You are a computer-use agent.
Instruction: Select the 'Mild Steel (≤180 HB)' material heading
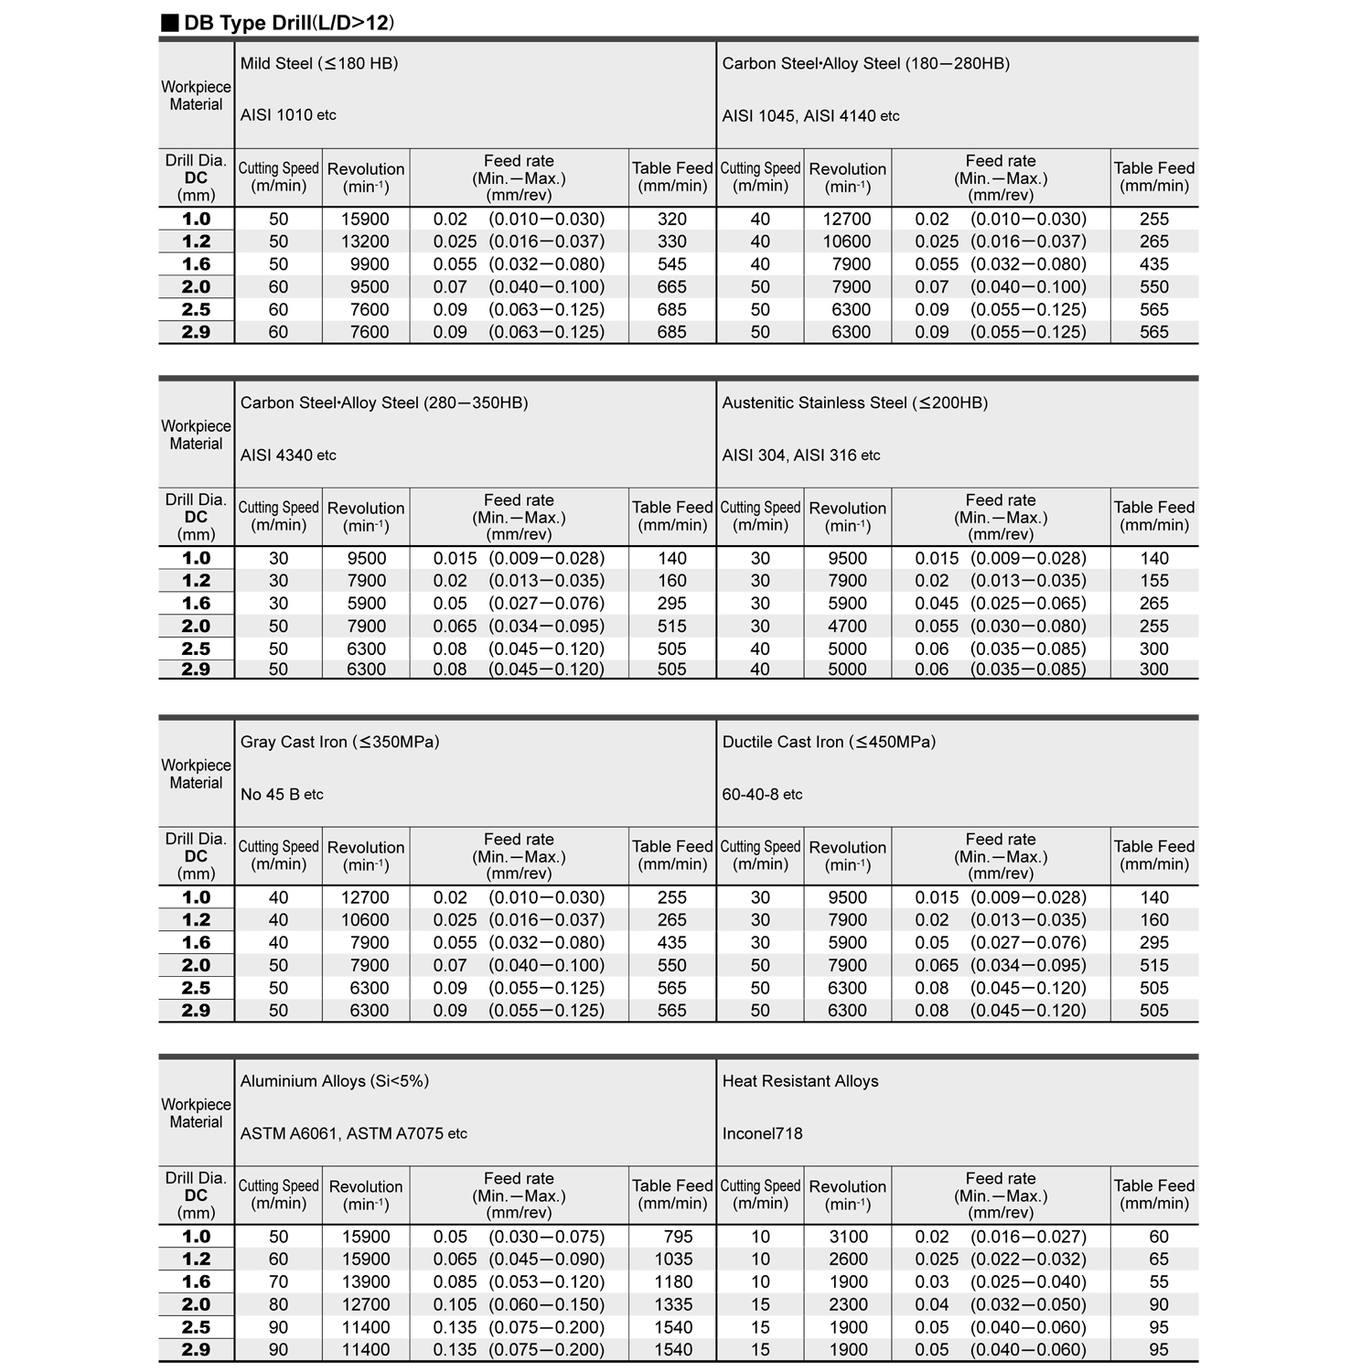click(319, 63)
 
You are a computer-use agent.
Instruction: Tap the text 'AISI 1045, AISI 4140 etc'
click(810, 116)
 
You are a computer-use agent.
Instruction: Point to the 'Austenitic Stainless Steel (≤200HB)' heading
click(854, 402)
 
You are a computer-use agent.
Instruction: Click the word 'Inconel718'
click(762, 1133)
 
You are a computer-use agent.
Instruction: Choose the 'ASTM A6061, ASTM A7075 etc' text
click(353, 1133)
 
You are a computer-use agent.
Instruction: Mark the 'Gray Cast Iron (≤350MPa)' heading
click(339, 742)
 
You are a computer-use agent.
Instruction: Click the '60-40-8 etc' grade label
click(762, 794)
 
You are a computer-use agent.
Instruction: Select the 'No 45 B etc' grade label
click(282, 794)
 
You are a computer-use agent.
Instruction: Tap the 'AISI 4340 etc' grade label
click(288, 455)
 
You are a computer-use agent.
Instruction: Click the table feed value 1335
click(673, 1304)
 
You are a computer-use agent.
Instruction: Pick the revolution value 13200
click(365, 241)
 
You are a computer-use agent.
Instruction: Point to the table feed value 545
click(671, 264)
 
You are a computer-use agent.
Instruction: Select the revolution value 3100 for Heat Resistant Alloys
click(847, 1237)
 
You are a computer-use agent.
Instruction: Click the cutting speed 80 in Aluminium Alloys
click(278, 1304)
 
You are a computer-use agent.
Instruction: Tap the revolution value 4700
click(847, 627)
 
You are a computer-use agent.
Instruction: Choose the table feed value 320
click(671, 220)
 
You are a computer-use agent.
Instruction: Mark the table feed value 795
click(678, 1237)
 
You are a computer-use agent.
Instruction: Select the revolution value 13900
click(365, 1281)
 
